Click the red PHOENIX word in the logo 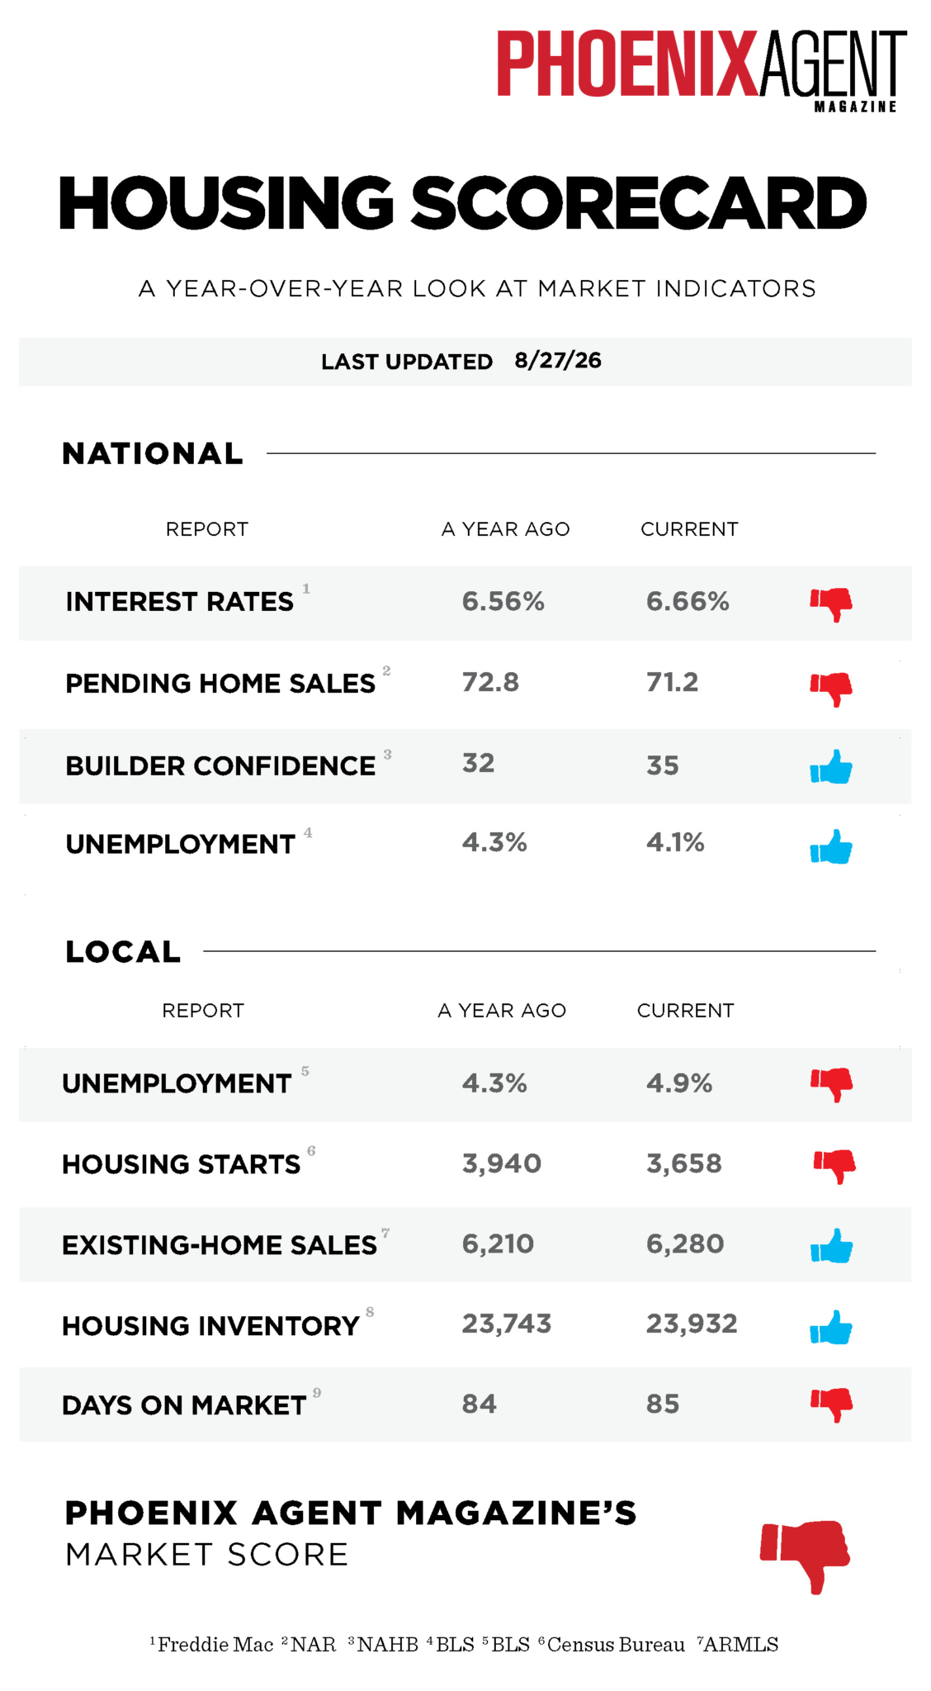626,64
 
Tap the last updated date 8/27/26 558,361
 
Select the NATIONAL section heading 153,453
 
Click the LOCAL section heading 123,952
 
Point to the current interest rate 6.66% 688,601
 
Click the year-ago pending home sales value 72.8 490,682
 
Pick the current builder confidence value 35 662,765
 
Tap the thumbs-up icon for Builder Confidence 831,767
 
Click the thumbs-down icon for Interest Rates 831,604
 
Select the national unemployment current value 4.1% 675,842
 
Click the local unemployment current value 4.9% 679,1083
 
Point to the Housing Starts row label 182,1164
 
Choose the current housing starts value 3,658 684,1164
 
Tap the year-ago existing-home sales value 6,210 498,1243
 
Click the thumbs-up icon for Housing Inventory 831,1328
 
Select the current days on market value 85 663,1404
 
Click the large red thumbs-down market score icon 806,1556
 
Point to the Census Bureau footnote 612,1645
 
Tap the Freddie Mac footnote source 211,1645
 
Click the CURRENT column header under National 689,529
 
